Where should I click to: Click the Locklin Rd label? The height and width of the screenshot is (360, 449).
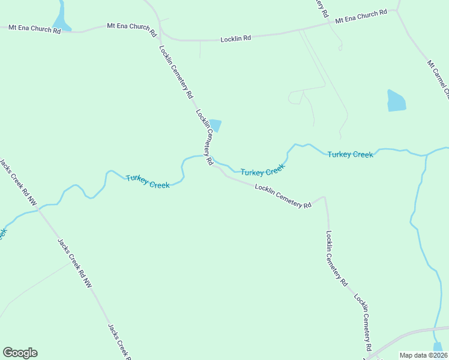[x=235, y=38]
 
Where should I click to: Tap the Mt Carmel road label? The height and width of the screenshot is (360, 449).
[x=438, y=77]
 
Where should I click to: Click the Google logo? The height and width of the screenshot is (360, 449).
[x=20, y=353]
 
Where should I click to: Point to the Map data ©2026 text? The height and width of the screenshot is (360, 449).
[x=424, y=355]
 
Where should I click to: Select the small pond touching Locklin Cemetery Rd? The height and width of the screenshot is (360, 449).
[x=215, y=125]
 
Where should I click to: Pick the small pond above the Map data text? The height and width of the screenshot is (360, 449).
[x=438, y=347]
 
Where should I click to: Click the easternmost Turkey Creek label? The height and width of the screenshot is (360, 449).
[x=350, y=155]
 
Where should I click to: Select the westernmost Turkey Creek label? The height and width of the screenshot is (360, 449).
[x=148, y=181]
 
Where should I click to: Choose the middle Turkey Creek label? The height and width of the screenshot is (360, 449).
[x=262, y=171]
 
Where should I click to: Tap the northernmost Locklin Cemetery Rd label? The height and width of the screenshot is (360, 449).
[x=176, y=72]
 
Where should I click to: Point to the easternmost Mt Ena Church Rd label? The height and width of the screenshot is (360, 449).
[x=361, y=17]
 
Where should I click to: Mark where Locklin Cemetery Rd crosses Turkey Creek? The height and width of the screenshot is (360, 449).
[x=211, y=159]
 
